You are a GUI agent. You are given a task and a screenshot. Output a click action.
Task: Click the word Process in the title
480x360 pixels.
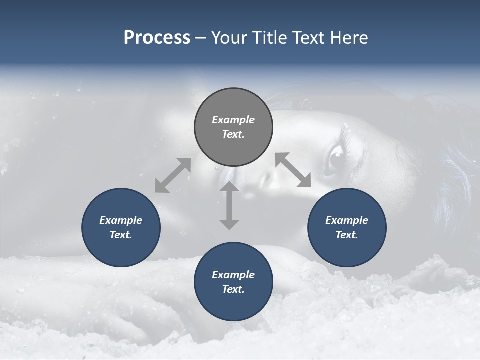[x=157, y=38]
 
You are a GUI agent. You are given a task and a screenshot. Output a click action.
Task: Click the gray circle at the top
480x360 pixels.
[x=233, y=127]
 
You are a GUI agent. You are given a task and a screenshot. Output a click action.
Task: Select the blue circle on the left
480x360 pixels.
[x=121, y=227]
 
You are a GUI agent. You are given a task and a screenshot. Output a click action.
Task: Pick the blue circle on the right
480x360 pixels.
[x=347, y=227]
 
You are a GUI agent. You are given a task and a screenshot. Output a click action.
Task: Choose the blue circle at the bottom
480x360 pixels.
[x=233, y=282]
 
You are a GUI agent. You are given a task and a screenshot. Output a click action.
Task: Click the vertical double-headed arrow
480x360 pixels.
[x=229, y=205]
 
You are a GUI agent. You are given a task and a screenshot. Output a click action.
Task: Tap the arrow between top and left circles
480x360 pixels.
[x=173, y=175]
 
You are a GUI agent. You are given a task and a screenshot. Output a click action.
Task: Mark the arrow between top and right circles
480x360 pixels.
[x=293, y=170]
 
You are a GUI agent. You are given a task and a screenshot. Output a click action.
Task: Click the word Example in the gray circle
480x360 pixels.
[x=233, y=120]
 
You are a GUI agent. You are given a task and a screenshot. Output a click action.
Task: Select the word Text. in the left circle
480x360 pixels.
[x=121, y=235]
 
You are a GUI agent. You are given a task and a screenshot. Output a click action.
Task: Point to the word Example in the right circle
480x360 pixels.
[x=347, y=220]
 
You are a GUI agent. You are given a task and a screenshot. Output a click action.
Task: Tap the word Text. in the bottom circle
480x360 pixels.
[x=233, y=289]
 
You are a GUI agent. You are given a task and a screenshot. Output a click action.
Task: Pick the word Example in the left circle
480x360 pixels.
[x=121, y=220]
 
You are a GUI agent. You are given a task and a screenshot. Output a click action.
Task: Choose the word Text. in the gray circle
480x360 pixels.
[x=233, y=134]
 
